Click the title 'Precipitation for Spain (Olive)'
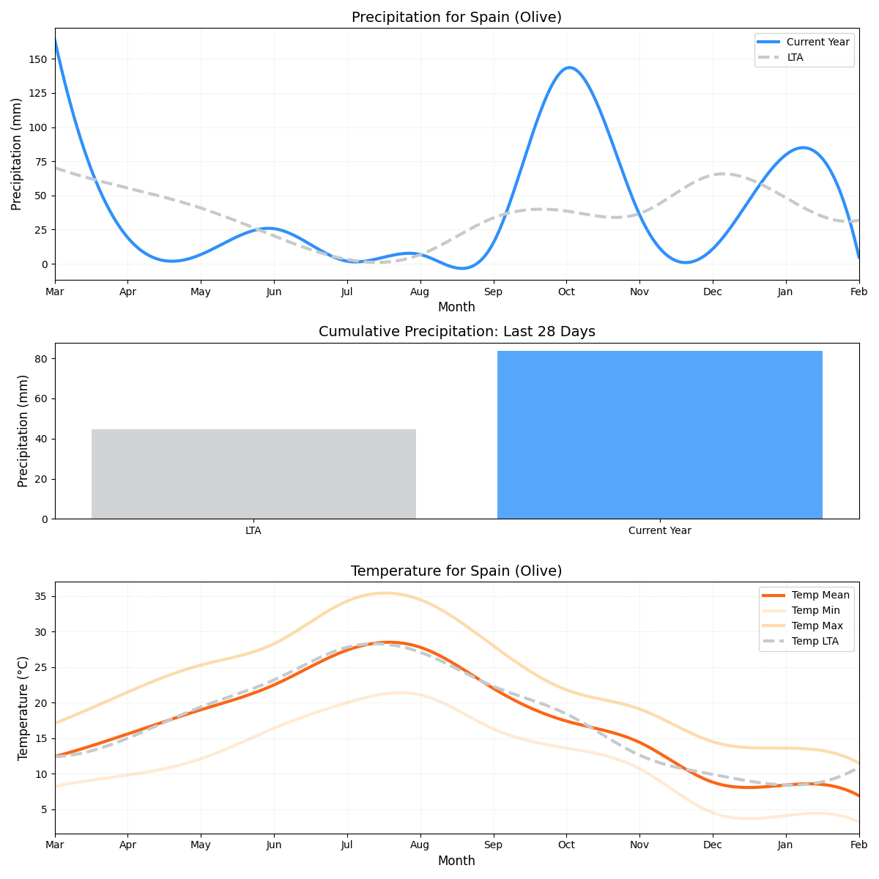[456, 17]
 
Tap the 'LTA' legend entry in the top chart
[795, 57]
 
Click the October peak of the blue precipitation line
[568, 68]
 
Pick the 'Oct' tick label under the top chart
[566, 292]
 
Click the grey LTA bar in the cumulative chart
[253, 474]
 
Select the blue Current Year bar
[659, 435]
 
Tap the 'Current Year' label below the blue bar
[659, 530]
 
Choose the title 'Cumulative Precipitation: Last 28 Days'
[456, 332]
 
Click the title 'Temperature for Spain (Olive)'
[456, 571]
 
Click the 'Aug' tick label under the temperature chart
[420, 845]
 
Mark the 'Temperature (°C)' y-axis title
[23, 708]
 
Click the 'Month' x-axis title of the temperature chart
[456, 861]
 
